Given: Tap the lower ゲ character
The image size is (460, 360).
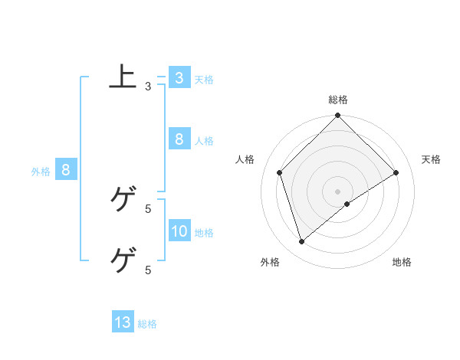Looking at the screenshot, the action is click(123, 260).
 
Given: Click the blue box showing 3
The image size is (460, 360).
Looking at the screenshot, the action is click(179, 78).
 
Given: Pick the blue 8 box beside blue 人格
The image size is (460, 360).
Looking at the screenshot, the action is click(179, 139).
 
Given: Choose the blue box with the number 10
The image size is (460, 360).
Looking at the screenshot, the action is click(179, 231).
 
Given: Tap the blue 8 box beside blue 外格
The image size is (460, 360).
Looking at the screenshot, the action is click(66, 170).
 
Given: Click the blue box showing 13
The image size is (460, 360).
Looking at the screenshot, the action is click(123, 322).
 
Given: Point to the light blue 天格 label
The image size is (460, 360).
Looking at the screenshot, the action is click(204, 80).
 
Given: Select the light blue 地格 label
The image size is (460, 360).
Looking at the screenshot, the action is click(204, 233).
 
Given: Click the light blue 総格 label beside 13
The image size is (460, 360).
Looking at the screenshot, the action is click(147, 324).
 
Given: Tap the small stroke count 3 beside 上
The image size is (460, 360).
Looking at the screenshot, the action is click(148, 87).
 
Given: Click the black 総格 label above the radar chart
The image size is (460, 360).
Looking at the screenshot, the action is click(338, 100).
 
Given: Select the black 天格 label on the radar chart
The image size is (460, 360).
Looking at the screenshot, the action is click(431, 159).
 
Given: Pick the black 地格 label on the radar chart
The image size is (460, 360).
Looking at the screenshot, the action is click(402, 263).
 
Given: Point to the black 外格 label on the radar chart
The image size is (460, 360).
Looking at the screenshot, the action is click(270, 263).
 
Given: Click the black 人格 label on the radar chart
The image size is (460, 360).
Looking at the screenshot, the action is click(245, 159).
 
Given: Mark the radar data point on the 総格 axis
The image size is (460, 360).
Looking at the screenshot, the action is click(338, 116).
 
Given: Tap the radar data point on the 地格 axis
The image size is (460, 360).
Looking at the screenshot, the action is click(347, 204).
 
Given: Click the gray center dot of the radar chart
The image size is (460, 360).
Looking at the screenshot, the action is click(338, 191).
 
